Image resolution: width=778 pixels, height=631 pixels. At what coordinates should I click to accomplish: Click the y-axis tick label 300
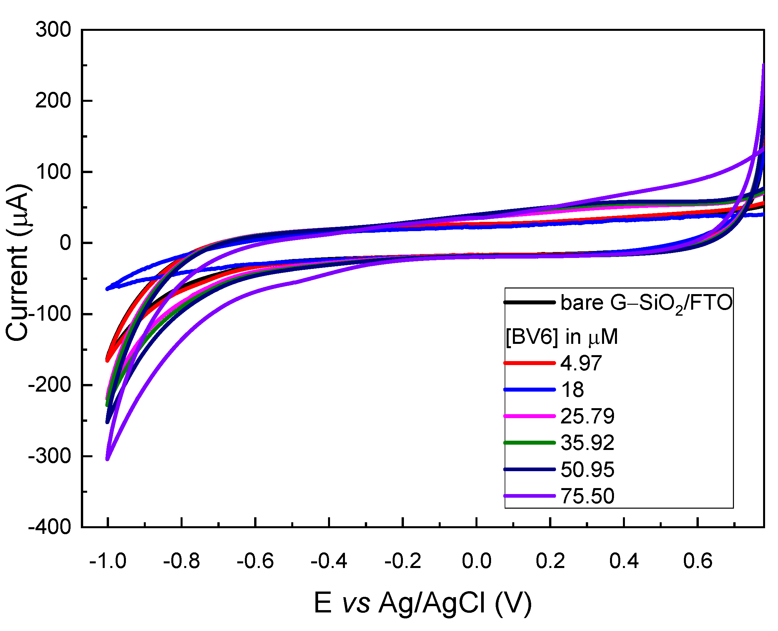tap(53, 30)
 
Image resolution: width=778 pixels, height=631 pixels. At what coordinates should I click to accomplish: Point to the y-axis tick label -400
tap(49, 527)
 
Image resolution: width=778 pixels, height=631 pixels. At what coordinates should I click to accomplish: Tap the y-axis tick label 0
tap(65, 242)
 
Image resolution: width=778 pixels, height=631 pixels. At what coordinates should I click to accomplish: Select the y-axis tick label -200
tap(49, 385)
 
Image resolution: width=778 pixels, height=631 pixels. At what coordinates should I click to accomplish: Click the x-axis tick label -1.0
tap(108, 561)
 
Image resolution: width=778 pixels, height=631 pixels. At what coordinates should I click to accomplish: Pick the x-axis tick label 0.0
tap(476, 561)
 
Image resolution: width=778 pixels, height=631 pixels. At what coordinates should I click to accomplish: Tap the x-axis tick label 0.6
tap(697, 561)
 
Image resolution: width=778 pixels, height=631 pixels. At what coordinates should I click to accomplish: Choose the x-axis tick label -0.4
tap(329, 561)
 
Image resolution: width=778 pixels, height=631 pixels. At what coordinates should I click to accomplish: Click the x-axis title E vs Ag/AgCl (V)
tap(422, 602)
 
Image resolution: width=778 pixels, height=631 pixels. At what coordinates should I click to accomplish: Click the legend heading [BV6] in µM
tap(562, 337)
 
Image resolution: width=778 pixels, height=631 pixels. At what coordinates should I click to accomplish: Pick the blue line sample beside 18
tap(529, 390)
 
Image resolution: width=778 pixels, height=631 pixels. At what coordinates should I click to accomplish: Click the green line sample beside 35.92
tap(529, 442)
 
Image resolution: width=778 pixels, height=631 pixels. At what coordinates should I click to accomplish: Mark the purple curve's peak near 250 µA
tap(763, 65)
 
